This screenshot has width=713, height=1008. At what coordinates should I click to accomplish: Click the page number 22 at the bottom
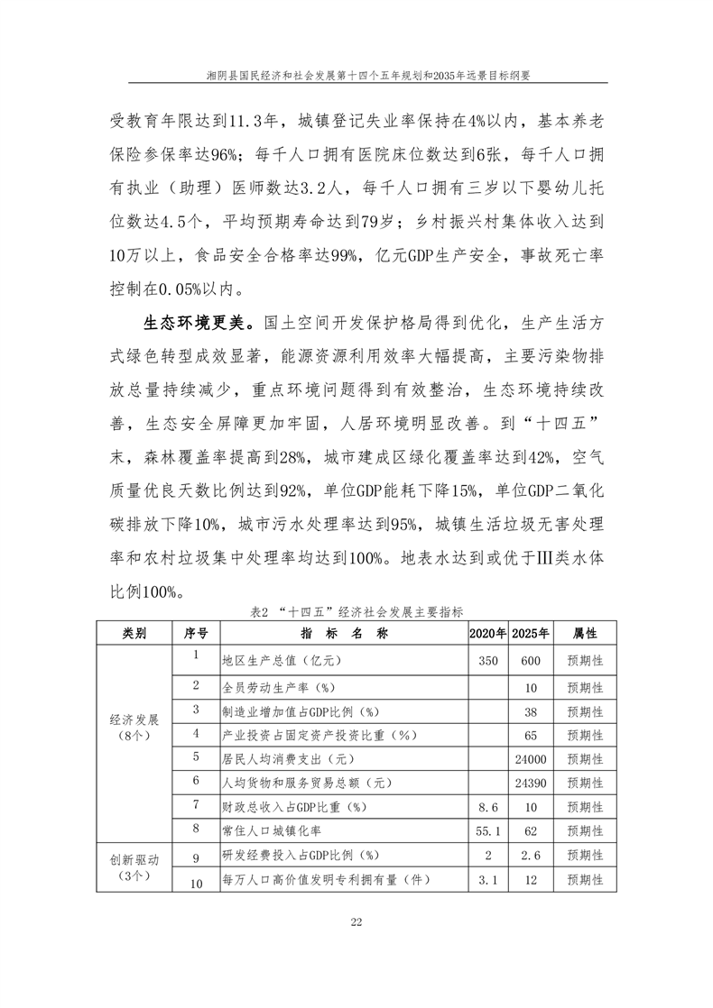(x=356, y=921)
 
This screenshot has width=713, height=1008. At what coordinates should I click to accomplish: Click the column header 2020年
(x=488, y=634)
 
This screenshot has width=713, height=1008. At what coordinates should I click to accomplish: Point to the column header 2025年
(x=531, y=634)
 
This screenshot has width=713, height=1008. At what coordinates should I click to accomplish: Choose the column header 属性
(x=579, y=634)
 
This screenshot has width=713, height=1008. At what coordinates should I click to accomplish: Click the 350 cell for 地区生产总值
(x=488, y=661)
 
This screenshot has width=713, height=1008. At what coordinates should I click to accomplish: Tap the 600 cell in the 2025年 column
(x=531, y=661)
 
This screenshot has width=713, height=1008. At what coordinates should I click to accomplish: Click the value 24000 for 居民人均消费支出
(x=531, y=756)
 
